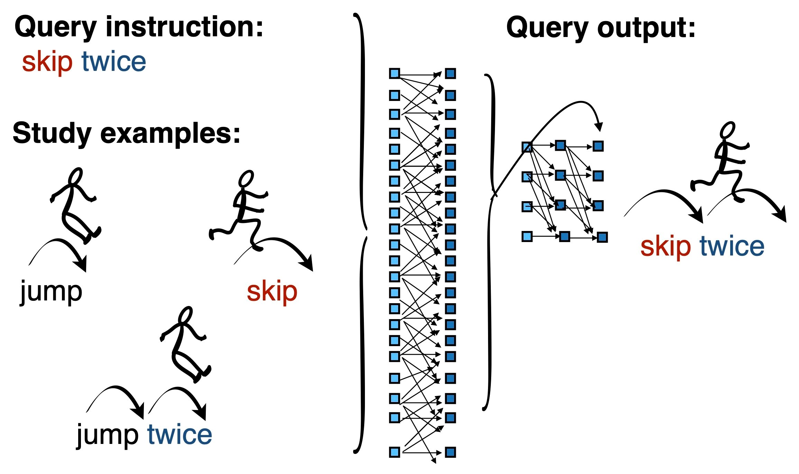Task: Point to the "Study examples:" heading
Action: point(126,133)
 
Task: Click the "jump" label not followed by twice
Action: point(51,291)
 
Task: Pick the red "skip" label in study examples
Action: point(272,291)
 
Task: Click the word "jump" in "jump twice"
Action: point(107,435)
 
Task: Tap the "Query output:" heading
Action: point(601,28)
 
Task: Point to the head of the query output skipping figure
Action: point(727,130)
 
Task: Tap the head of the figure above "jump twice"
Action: point(185,315)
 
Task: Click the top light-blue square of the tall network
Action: point(394,73)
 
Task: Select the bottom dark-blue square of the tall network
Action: point(450,452)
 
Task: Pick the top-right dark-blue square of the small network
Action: point(598,146)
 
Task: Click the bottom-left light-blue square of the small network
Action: point(527,236)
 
